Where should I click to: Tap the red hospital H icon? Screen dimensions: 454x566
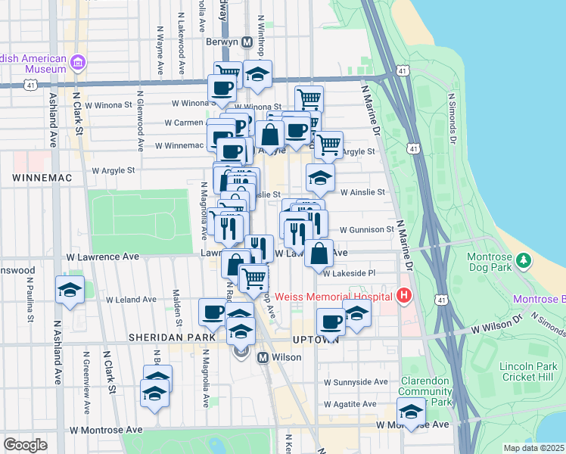coord(405,295)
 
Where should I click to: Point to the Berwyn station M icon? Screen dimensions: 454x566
coord(247,42)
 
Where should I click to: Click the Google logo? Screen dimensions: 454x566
coord(26,445)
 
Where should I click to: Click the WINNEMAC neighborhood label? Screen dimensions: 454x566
coord(41,177)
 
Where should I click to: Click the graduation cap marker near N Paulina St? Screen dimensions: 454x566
coord(70,291)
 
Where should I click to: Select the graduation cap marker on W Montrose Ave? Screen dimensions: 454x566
coord(411,412)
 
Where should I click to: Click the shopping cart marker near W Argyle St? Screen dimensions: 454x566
coord(328,145)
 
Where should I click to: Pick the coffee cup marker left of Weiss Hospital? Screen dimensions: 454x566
coord(331,322)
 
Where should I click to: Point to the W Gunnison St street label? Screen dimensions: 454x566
coord(366,229)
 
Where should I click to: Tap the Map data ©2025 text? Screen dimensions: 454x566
coord(533,447)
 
